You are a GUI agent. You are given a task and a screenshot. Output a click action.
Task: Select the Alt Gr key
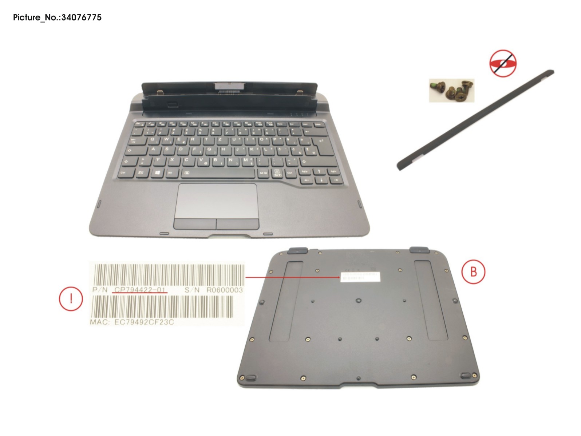(263, 173)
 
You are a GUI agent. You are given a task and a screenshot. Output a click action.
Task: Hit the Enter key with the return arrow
(321, 144)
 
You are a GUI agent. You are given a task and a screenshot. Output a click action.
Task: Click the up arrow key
(319, 171)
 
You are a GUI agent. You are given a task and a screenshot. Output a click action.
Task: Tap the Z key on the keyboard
(220, 139)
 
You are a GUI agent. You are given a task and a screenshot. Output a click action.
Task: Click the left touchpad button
(195, 223)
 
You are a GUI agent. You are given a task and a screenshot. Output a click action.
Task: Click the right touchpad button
(237, 223)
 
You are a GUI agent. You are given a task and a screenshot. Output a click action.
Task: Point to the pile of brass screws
(451, 90)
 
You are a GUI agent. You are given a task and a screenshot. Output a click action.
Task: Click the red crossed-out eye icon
(503, 63)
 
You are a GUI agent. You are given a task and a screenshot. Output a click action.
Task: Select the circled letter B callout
(473, 271)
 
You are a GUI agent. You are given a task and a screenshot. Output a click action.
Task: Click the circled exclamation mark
(71, 299)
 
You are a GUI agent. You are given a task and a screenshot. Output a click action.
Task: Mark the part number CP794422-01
(141, 290)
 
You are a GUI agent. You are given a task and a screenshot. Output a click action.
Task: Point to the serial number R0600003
(224, 290)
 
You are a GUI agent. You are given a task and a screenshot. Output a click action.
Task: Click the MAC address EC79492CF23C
(144, 322)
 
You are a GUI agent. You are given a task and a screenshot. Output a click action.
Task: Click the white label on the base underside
(360, 276)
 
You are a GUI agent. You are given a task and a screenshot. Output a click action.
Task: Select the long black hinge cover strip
(475, 120)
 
